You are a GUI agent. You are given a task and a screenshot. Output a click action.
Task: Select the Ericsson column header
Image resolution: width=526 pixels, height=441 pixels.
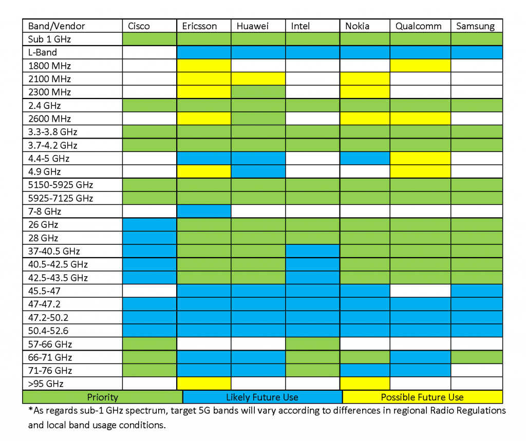point(199,26)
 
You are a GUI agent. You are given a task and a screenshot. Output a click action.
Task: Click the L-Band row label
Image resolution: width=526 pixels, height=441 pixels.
point(43,52)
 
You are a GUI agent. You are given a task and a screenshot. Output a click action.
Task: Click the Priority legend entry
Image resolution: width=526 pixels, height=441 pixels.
point(102,397)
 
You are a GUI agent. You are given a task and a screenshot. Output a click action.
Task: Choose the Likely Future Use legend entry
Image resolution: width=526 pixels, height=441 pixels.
point(262,397)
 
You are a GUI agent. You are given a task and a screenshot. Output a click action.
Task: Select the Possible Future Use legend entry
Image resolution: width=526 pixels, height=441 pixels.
point(422,397)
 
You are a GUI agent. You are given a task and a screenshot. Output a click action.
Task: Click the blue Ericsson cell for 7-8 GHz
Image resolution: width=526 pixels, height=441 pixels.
point(203,212)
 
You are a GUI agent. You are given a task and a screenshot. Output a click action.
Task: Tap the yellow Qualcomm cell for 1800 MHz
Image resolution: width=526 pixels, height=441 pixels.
point(420,66)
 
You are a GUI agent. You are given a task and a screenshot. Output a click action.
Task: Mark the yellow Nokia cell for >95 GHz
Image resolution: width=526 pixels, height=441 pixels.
point(364,384)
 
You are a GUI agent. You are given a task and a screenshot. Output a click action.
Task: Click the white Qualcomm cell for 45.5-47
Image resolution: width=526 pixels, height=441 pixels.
point(420,291)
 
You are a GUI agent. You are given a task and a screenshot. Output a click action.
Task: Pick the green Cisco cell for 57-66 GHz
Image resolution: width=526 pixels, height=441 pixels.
point(149,344)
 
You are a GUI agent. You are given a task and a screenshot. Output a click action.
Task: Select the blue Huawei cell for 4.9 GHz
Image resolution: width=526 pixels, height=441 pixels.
point(258,171)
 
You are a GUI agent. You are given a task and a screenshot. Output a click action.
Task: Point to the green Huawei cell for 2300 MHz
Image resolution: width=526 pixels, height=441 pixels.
point(258,92)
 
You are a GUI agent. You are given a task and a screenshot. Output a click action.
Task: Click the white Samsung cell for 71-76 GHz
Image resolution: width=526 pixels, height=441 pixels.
point(476,371)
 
